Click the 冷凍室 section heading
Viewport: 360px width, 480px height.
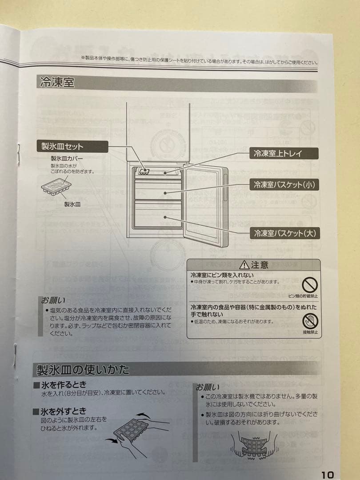pos(57,83)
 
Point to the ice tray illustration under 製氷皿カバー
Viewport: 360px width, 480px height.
pos(56,187)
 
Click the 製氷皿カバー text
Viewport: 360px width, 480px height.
pos(67,158)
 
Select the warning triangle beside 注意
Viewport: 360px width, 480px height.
pos(244,265)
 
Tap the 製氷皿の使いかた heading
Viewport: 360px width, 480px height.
pos(82,370)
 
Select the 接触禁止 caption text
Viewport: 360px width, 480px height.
pos(310,332)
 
